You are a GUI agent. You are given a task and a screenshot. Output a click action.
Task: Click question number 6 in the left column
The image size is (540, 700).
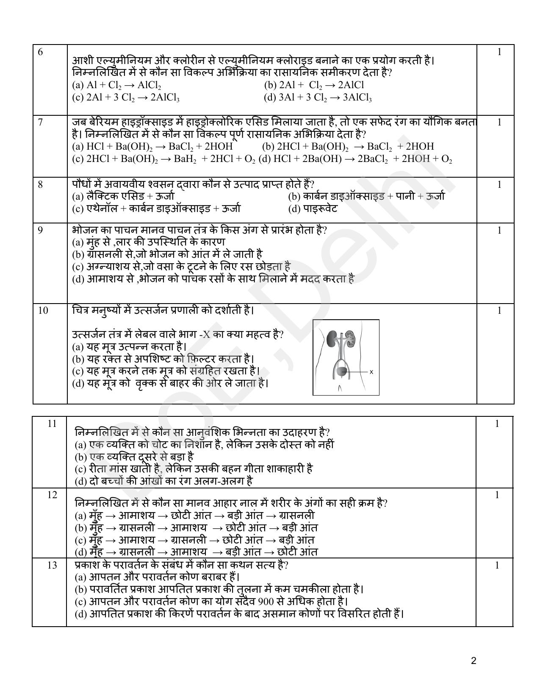pos(40,52)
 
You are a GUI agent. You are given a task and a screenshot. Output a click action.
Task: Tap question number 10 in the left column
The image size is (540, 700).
pos(43,310)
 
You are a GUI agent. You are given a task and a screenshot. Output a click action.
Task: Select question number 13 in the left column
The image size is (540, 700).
pos(52,565)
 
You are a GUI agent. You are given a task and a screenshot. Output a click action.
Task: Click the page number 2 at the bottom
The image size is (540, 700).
pos(474,661)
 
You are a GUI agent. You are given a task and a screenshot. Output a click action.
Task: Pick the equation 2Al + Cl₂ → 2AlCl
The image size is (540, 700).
pos(313,85)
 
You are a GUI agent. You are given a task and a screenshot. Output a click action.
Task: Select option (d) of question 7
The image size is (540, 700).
pos(355,159)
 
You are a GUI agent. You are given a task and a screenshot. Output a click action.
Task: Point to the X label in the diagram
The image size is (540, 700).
pos(371,372)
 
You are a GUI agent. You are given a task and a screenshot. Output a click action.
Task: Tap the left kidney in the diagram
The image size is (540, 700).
pos(332,338)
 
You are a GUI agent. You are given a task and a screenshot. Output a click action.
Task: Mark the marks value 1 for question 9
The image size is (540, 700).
pos(499,231)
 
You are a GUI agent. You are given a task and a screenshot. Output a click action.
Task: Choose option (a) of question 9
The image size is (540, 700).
pos(148,242)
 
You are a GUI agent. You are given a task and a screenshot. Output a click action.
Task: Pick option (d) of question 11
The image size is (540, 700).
pos(169,481)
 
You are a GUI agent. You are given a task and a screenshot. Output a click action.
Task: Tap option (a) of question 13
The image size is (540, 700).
pos(158,577)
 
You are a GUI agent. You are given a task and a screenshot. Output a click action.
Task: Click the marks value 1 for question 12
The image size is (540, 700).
pos(497,495)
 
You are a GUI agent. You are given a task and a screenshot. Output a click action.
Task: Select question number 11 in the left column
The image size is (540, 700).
pos(52,424)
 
